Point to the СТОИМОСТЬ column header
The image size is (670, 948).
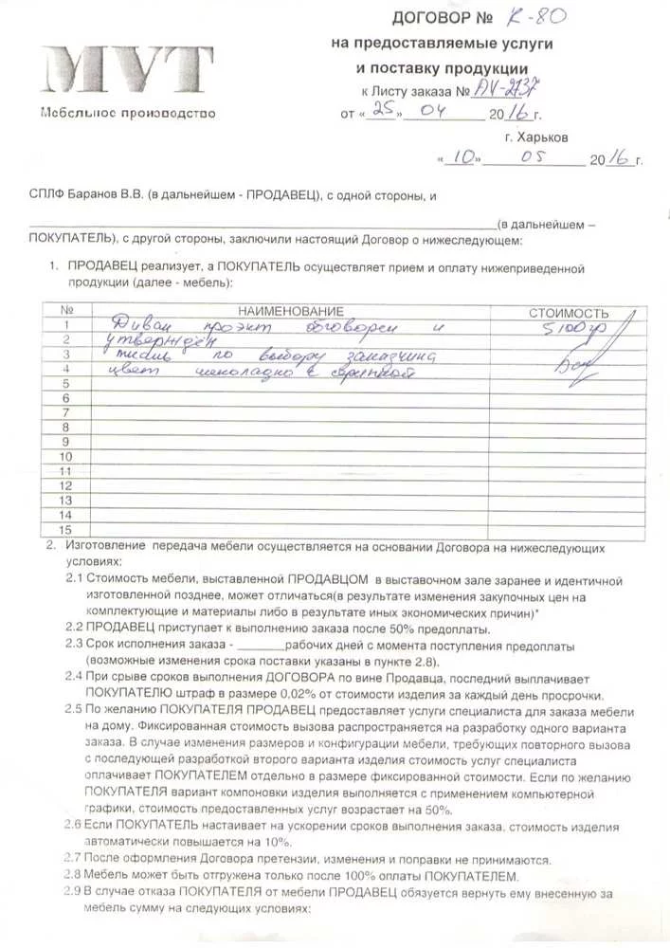pyautogui.click(x=568, y=312)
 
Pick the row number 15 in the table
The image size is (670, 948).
pyautogui.click(x=66, y=530)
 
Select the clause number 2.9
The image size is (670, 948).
pyautogui.click(x=74, y=892)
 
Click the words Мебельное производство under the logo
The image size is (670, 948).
pyautogui.click(x=127, y=114)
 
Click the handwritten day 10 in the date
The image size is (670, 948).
pyautogui.click(x=463, y=158)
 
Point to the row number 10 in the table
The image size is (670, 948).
pyautogui.click(x=66, y=456)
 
